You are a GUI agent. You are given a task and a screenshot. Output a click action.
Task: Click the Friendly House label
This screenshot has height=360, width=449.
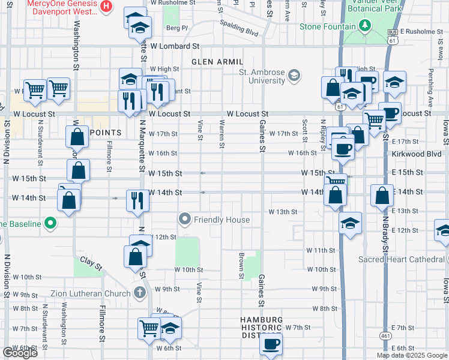click(x=221, y=220)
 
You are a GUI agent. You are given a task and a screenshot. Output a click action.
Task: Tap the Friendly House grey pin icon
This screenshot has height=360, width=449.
click(x=185, y=220)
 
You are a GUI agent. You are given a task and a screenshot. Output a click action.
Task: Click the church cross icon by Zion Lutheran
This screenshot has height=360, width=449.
click(x=139, y=293)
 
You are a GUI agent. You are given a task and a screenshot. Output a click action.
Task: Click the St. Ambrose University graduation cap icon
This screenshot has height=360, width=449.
click(x=294, y=75)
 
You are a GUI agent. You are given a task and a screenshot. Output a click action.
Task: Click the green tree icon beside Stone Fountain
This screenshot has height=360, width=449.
click(x=364, y=25)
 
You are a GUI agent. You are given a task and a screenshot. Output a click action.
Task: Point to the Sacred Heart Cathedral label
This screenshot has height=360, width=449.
click(x=401, y=259)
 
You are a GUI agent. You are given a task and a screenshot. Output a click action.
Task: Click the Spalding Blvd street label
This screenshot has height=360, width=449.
click(x=241, y=28)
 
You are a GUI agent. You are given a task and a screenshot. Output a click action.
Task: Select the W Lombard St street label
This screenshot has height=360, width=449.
click(x=174, y=46)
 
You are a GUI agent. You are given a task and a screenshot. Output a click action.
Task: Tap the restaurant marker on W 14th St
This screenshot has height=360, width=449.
click(x=135, y=200)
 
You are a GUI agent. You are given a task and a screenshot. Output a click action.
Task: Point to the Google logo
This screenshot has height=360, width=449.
click(x=20, y=353)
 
